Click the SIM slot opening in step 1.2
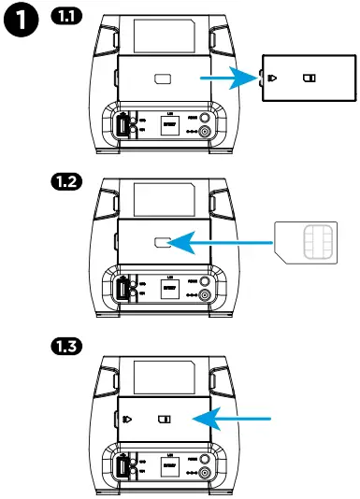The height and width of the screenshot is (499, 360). click(161, 242)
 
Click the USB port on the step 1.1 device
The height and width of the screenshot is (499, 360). click(122, 124)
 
